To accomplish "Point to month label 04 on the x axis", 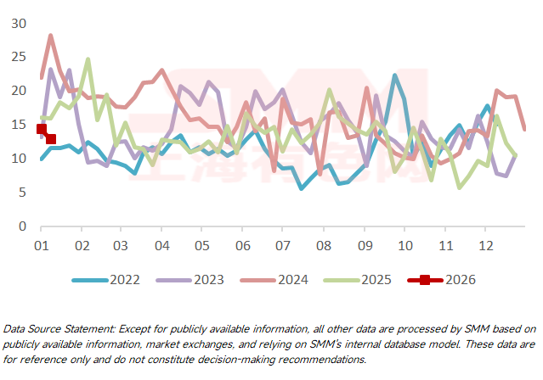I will (x=161, y=245).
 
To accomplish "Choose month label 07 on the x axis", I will (x=281, y=245).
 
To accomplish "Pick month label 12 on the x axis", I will (x=484, y=245).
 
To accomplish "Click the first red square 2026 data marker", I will (x=41, y=129).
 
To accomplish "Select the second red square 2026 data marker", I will (x=51, y=138).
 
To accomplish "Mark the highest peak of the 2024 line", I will (x=51, y=36).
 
